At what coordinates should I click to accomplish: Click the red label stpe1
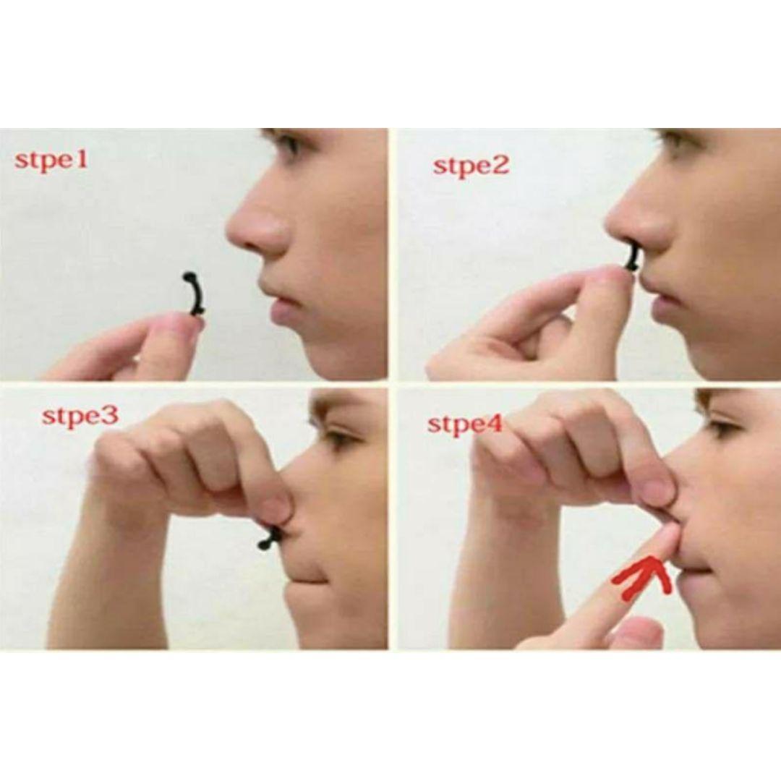(51, 161)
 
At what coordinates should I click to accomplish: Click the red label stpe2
(471, 166)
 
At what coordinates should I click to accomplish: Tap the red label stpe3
(80, 416)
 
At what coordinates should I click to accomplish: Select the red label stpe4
(465, 424)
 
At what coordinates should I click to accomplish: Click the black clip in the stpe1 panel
(195, 294)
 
